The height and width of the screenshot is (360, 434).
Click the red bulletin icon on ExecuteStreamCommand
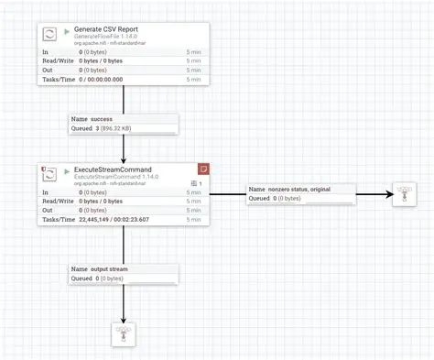[x=203, y=169]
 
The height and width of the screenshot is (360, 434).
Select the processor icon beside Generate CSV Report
[x=52, y=36]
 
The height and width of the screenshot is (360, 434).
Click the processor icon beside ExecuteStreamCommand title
[x=52, y=175]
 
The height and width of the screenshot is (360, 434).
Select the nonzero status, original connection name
[x=299, y=188]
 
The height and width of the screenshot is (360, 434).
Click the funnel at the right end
[x=404, y=193]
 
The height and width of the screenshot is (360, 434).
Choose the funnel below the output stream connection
[x=124, y=333]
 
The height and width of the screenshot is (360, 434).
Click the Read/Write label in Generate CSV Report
[x=58, y=60]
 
